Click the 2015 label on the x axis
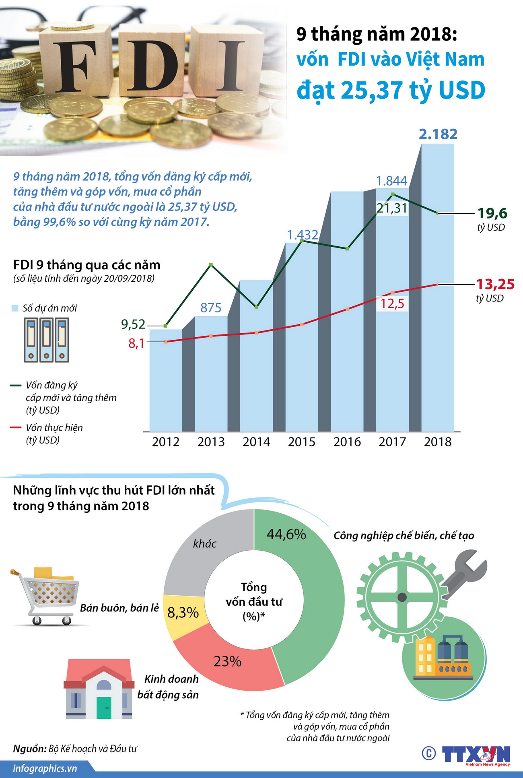point(302,442)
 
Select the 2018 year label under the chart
point(438,442)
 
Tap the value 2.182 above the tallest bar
point(438,134)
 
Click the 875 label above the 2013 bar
point(211,308)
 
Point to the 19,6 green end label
point(492,213)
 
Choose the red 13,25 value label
point(495,284)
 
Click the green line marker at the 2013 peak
point(211,264)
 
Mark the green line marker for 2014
point(257,307)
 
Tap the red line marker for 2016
point(348,309)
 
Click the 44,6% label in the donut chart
point(286,534)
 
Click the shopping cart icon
point(46,595)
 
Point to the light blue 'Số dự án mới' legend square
point(15,308)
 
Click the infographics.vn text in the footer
point(45,768)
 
